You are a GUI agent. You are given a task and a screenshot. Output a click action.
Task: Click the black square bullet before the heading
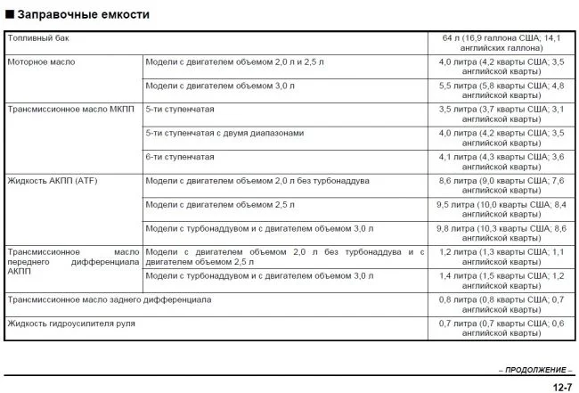coord(10,15)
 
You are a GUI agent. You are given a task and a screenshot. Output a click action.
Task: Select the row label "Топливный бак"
coord(37,39)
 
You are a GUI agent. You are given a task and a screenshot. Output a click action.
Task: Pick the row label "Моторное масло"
coord(41,62)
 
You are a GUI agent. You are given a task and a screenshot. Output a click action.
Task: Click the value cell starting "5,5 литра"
coord(502,91)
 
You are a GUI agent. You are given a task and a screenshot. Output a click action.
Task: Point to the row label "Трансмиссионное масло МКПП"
coord(68,109)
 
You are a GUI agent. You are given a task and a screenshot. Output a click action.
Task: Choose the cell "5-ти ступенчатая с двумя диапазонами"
coord(224,133)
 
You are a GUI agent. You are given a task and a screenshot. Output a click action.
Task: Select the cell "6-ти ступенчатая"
coord(179,156)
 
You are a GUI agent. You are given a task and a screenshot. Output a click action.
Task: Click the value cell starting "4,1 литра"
coord(502,161)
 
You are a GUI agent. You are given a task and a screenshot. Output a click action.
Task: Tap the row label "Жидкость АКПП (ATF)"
coord(52,180)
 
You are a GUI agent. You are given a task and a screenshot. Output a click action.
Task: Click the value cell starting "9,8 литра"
coord(502,233)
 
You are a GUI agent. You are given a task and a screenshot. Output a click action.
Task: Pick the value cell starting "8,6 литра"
coord(502,185)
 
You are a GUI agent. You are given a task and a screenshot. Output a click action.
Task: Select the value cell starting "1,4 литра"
coord(502,281)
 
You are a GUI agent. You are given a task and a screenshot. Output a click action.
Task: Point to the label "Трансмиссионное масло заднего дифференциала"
coord(110,299)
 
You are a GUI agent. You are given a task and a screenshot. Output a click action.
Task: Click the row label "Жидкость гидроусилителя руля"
coord(71,323)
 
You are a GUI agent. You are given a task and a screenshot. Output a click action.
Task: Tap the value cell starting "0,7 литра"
coord(502,328)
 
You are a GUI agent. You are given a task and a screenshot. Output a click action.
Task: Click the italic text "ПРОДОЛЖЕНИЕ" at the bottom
coord(535,369)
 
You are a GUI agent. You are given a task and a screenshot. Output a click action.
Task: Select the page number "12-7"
coord(561,386)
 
